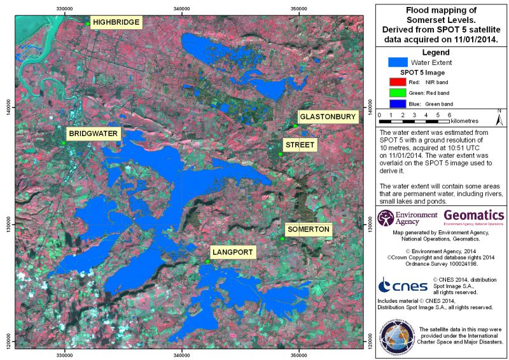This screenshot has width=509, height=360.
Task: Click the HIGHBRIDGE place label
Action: click(x=116, y=22)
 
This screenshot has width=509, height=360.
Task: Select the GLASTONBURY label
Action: click(x=328, y=117)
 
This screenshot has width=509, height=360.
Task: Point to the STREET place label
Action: click(x=300, y=146)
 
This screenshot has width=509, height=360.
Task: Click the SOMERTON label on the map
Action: click(x=308, y=229)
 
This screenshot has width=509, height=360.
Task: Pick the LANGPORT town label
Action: click(x=233, y=253)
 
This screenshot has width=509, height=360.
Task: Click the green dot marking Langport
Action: click(x=208, y=261)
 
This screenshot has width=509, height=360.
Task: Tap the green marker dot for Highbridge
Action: click(x=88, y=24)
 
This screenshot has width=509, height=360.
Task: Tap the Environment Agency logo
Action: click(x=407, y=218)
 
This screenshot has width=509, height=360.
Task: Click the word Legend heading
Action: click(x=436, y=52)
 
